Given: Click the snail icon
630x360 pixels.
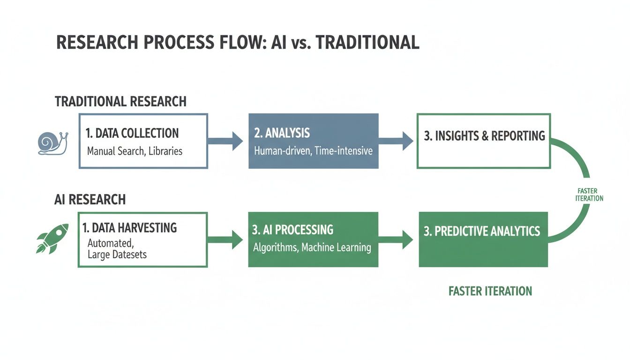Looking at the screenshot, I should coord(52,143).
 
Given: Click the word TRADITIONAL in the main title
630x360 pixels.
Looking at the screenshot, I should coord(367,43).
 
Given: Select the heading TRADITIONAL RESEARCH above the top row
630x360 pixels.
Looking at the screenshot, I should coord(120,101).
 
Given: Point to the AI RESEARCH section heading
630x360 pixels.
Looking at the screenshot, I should coord(90,199).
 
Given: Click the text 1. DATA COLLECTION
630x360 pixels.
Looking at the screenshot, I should coord(132,133).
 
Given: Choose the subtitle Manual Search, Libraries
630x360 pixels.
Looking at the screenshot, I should coord(135,151).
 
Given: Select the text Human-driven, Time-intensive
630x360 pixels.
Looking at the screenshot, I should coord(313,151).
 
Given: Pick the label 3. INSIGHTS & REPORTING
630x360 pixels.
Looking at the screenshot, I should coord(484,136).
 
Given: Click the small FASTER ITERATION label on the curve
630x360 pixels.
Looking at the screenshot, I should coord(589,195).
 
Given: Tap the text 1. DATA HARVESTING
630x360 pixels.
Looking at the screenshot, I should coord(129,228).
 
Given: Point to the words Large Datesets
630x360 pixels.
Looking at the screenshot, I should coord(117,255).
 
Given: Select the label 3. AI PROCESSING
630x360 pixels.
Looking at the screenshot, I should coord(293,230).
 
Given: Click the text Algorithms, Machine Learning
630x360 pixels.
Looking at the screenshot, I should coord(312,247).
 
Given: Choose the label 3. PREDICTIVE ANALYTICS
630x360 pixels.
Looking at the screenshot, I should coord(482,231).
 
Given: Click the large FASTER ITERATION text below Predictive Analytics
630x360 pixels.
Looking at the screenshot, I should coord(490,291).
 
